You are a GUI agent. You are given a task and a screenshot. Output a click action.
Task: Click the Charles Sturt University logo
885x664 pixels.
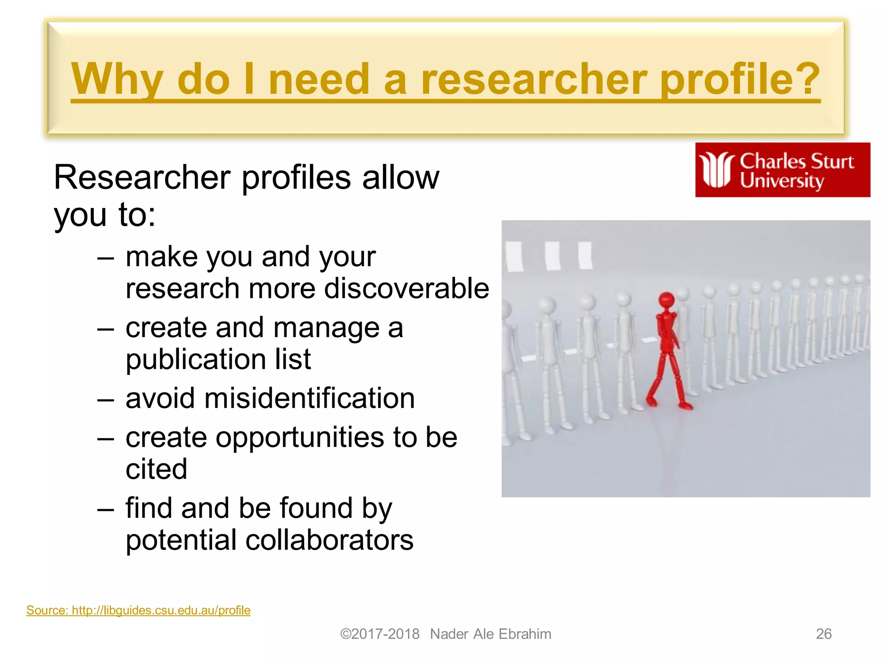(x=783, y=170)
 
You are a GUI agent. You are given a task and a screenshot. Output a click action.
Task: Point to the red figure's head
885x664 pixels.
(x=666, y=300)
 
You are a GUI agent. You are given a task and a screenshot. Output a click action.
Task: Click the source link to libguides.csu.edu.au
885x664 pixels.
(x=138, y=610)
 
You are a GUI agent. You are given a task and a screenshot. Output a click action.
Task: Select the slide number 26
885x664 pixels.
(x=824, y=634)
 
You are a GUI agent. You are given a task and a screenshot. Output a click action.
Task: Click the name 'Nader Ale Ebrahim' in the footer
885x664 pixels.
(x=490, y=634)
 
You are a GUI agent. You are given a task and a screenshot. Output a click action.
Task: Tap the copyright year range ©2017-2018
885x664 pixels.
(x=380, y=634)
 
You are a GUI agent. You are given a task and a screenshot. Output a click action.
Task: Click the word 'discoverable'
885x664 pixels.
(x=406, y=288)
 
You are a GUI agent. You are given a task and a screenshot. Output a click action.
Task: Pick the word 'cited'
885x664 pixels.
(x=156, y=469)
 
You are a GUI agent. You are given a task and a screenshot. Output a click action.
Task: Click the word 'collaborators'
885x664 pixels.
(x=329, y=540)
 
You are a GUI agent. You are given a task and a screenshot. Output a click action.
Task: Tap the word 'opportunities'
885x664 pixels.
(x=300, y=437)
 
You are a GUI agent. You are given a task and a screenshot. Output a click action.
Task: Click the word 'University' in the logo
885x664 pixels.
(x=781, y=181)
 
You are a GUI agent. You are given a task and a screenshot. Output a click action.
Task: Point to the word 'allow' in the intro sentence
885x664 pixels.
(x=401, y=177)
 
